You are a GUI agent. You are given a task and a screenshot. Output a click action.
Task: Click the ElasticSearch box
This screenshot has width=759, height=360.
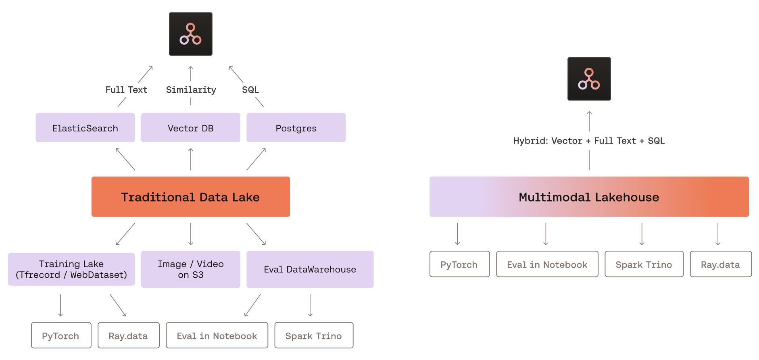click(85, 128)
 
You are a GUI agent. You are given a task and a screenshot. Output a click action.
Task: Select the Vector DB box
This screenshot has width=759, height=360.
click(190, 128)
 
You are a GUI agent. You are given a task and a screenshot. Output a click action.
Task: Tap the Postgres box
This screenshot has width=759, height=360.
click(296, 128)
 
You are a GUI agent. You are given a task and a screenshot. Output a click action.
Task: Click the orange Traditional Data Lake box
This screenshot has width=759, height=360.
click(190, 197)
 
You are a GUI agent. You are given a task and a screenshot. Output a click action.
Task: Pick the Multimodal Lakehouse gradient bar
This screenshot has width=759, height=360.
click(589, 197)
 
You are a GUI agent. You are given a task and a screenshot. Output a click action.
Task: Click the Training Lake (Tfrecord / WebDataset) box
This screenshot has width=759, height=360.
click(71, 269)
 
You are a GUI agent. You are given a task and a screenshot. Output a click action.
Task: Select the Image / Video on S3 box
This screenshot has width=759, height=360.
click(190, 269)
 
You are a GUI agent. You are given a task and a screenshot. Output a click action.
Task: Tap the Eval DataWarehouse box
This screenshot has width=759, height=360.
click(310, 269)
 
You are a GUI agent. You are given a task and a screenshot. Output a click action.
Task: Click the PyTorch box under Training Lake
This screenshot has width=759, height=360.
click(61, 335)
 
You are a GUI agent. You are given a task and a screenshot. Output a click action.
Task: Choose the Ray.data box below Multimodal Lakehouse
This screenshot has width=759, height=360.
click(720, 264)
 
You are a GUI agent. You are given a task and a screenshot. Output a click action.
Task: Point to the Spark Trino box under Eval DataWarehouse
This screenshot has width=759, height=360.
click(314, 335)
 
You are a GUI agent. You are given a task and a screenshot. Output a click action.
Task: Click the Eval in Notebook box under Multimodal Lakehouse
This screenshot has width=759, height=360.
click(547, 264)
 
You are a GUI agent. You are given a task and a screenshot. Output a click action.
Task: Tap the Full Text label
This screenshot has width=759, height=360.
click(126, 90)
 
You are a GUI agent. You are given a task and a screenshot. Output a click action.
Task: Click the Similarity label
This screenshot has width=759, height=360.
click(191, 90)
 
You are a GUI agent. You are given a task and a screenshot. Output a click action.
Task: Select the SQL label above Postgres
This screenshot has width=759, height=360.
click(250, 90)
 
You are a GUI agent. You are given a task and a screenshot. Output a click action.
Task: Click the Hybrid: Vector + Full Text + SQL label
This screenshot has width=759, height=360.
click(589, 141)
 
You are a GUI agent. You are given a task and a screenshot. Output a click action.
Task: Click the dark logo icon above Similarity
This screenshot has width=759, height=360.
click(190, 34)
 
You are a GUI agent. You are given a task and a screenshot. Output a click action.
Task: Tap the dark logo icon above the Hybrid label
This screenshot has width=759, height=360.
click(589, 79)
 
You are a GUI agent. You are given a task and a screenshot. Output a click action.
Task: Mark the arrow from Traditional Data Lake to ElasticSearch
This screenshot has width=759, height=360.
click(125, 159)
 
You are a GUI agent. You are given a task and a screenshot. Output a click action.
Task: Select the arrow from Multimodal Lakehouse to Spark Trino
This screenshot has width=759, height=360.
click(642, 234)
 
